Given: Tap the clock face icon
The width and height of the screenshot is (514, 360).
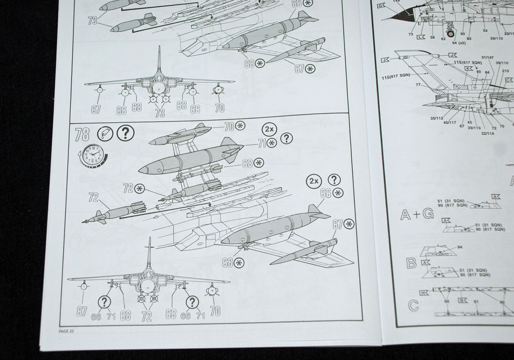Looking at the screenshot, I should (x=93, y=153).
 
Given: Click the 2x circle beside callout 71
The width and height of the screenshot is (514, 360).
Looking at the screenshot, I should (x=269, y=129).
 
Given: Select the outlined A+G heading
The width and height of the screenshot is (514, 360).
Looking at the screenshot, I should (x=417, y=214).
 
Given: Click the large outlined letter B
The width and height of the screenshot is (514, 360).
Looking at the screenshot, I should (x=411, y=263).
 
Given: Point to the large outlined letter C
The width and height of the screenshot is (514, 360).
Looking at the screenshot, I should (x=413, y=305).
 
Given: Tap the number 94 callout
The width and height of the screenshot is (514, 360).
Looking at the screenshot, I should (x=460, y=247).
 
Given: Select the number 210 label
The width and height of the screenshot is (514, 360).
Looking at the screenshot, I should (x=505, y=71).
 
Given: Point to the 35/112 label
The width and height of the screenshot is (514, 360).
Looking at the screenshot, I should (x=437, y=118).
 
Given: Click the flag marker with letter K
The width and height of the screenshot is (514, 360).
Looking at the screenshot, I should (x=469, y=68).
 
